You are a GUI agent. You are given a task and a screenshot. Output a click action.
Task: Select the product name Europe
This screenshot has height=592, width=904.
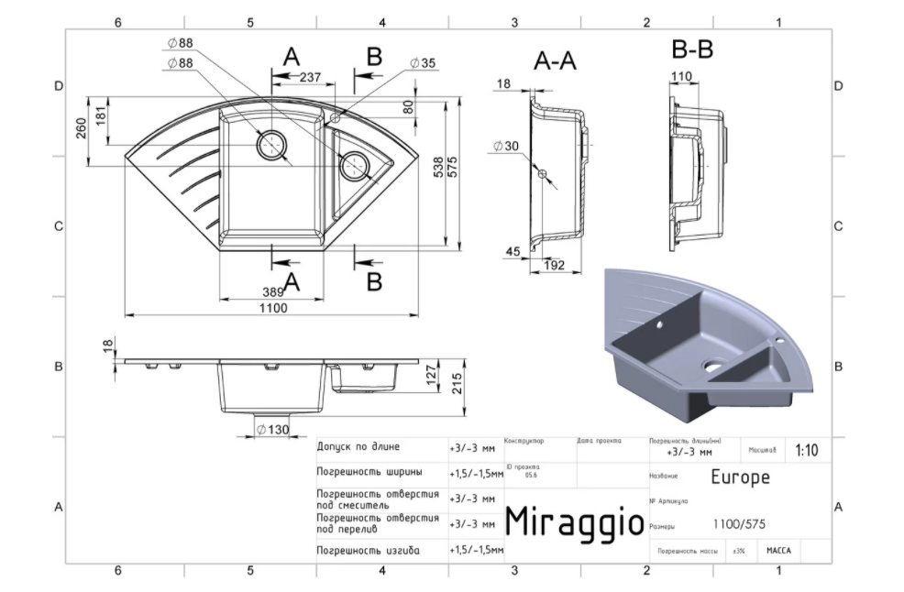coord(740,477)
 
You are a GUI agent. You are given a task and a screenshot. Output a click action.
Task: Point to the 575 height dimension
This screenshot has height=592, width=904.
coord(453,165)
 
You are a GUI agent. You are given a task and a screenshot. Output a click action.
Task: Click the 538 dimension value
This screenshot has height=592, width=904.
coord(438,165)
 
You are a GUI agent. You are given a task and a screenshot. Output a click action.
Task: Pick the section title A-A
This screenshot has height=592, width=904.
coord(555,61)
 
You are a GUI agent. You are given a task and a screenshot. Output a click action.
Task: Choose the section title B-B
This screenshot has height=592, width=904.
coord(692,50)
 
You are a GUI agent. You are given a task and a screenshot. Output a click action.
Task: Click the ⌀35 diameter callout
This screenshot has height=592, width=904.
coord(423,63)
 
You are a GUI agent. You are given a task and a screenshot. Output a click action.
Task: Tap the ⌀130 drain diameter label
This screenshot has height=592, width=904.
coord(273,430)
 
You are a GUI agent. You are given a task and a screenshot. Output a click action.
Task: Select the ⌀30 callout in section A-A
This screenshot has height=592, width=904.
coord(505,146)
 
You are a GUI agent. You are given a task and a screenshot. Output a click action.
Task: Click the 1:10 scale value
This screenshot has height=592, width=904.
coord(807,451)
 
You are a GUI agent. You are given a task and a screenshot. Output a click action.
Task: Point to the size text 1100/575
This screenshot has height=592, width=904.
coord(739,524)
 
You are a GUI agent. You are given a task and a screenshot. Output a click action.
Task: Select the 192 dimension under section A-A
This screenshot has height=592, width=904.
coord(553,266)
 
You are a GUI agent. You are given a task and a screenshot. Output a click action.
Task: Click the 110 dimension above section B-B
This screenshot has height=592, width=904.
coord(681,76)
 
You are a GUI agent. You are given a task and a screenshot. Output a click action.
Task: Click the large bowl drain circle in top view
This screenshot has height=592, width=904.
coord(272,144)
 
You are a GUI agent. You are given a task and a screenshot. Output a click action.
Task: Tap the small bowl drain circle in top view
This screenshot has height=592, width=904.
coord(354,165)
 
